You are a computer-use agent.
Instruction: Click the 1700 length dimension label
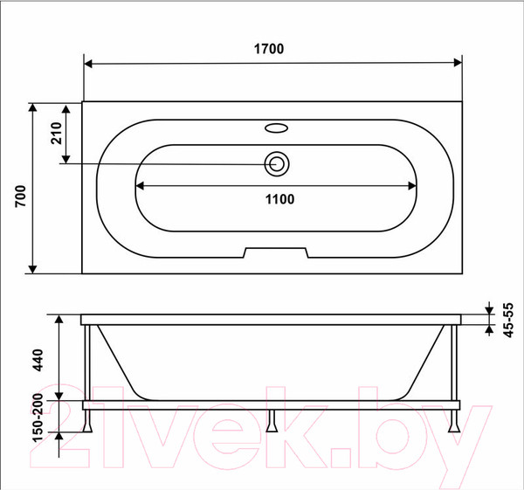(272, 49)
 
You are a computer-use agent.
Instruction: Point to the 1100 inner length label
(279, 199)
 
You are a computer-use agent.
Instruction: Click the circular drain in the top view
(278, 163)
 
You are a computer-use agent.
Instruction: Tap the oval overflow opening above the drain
(278, 128)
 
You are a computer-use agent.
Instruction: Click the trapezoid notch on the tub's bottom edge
(278, 253)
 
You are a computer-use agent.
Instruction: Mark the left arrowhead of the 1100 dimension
(141, 186)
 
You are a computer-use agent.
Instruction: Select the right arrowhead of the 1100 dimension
(415, 186)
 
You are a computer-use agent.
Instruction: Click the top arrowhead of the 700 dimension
(33, 107)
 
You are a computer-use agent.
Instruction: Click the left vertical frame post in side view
(87, 362)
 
